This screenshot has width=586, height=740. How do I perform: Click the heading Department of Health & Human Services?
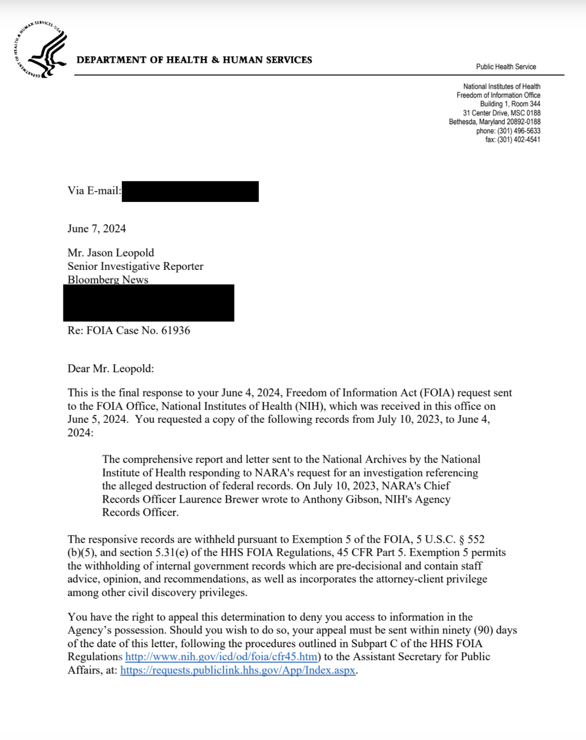point(194,60)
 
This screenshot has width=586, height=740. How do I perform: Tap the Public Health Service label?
point(506,66)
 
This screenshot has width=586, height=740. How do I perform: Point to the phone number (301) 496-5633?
point(519,130)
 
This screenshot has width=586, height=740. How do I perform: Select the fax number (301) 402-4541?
point(519,139)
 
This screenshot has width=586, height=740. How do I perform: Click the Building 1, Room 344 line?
point(510,104)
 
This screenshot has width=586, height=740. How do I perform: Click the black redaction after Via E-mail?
point(190,191)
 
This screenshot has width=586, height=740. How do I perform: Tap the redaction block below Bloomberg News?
point(148,303)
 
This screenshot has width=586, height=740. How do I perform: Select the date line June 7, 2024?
point(97,228)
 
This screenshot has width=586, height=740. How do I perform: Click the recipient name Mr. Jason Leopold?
point(111,252)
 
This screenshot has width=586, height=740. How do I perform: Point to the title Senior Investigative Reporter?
point(136,266)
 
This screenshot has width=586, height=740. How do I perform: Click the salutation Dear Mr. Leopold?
point(111,368)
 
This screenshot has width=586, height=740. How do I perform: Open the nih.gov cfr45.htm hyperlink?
point(221,657)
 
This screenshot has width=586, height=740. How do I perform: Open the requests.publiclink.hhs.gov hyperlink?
point(238,670)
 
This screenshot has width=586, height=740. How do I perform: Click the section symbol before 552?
point(461,540)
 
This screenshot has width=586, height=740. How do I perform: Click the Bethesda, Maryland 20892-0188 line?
point(494,121)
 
